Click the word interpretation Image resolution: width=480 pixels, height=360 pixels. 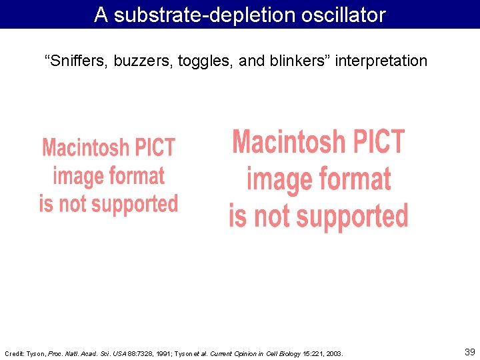coord(381,61)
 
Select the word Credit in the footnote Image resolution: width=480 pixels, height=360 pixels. coord(13,353)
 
